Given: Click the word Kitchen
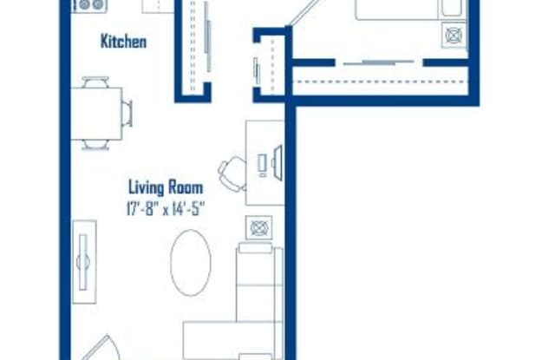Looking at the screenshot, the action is pos(123,42).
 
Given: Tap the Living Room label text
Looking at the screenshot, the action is pos(166,187).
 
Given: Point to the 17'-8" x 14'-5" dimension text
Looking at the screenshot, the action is pos(166,209).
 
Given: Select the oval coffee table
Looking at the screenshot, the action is pos(191,263).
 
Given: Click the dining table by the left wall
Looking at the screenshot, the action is pos(96,114).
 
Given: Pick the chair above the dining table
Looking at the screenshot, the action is pos(95,82).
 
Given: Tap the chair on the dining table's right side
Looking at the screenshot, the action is pos(127,113).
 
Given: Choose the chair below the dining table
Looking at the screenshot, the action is pos(96,145).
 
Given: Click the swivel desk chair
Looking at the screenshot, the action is pos(232,173).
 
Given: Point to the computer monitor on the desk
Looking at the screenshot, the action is pos(277,163).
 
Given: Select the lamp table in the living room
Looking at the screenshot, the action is pos(259,228).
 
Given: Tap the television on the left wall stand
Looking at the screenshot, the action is pos(83,262).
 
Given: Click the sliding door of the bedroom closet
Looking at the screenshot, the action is pos(379,63).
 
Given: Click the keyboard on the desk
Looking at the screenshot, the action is pos(262,166).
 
